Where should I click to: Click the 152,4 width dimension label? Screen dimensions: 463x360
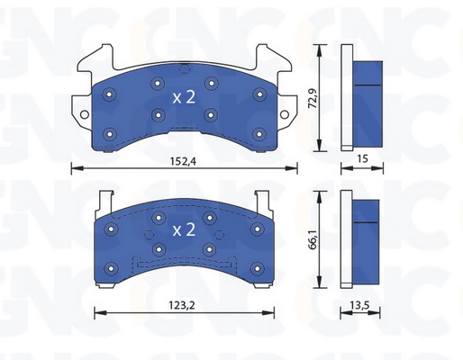pos(183,161)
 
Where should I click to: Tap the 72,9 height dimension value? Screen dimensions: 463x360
pos(313,98)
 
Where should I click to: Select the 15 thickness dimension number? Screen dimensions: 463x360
pos(362,158)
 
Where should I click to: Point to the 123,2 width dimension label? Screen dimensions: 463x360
pos(182,305)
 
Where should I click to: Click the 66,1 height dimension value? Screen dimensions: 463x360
pos(313,239)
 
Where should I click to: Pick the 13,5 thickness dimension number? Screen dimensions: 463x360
pos(359,305)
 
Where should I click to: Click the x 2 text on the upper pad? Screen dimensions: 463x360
pos(184,97)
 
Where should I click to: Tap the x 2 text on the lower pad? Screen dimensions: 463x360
pos(184,229)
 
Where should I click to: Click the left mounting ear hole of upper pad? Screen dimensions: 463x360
pos(85,114)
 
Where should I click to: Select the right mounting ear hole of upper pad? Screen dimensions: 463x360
pos(284,114)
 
